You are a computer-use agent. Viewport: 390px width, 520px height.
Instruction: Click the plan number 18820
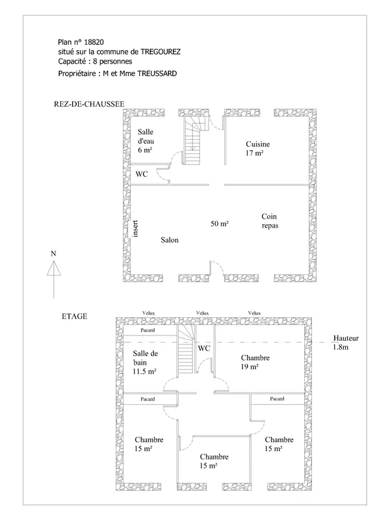pos(94,42)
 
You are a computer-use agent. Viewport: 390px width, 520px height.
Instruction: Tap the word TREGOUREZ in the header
pos(161,52)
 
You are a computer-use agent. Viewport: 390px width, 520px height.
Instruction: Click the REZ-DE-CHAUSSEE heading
pos(89,104)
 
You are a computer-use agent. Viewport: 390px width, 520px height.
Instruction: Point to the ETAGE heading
pos(75,317)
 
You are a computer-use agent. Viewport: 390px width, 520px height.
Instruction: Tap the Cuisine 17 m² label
pos(257,149)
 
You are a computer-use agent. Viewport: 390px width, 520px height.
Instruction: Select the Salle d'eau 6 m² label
pos(146,141)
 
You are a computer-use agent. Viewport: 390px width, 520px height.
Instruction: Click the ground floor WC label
pos(142,174)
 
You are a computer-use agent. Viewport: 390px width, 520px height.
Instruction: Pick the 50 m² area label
pos(220,224)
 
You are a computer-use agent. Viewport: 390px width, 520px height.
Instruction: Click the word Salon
pos(170,240)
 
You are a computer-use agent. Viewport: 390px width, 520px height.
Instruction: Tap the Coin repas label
pos(270,221)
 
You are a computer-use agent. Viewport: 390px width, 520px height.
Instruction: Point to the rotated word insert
pos(135,229)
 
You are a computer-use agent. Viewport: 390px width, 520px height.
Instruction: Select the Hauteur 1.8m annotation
pos(346,343)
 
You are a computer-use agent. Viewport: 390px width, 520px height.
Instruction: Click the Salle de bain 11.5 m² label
pos(145,363)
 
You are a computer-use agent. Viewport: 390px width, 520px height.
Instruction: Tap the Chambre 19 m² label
pos(255,362)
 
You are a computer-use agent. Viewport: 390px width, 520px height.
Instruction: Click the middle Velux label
pos(202,313)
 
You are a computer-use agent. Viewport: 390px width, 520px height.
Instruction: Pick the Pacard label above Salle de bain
pos(148,330)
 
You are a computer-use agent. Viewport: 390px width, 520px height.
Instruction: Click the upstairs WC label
pos(204,348)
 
